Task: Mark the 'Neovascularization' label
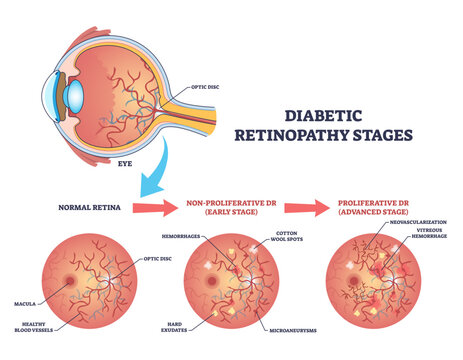point(412,222)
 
